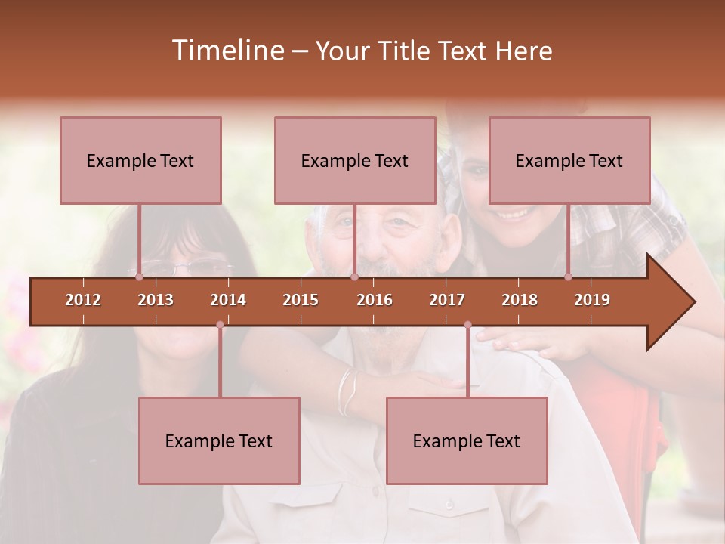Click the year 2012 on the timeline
click(83, 300)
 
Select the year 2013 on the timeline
click(156, 300)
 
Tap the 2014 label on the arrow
click(228, 300)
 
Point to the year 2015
click(301, 300)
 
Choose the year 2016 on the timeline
click(375, 300)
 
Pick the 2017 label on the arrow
click(447, 300)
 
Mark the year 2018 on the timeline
click(520, 300)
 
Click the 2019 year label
click(592, 300)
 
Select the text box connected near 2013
click(140, 160)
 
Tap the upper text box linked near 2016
click(355, 160)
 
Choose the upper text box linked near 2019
click(569, 160)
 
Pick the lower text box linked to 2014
click(219, 440)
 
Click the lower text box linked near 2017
click(467, 440)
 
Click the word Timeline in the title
click(227, 51)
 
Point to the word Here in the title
click(523, 51)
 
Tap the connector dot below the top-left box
click(139, 277)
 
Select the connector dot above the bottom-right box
click(467, 325)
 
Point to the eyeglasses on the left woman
click(181, 267)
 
